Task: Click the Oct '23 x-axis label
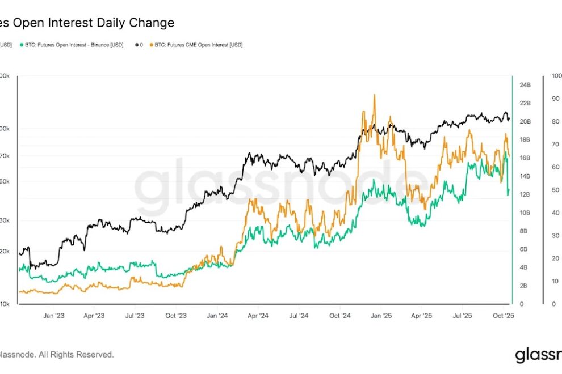176,316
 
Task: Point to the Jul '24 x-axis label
299,316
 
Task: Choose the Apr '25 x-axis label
422,316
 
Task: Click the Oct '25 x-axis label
504,316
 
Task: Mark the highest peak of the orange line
374,95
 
